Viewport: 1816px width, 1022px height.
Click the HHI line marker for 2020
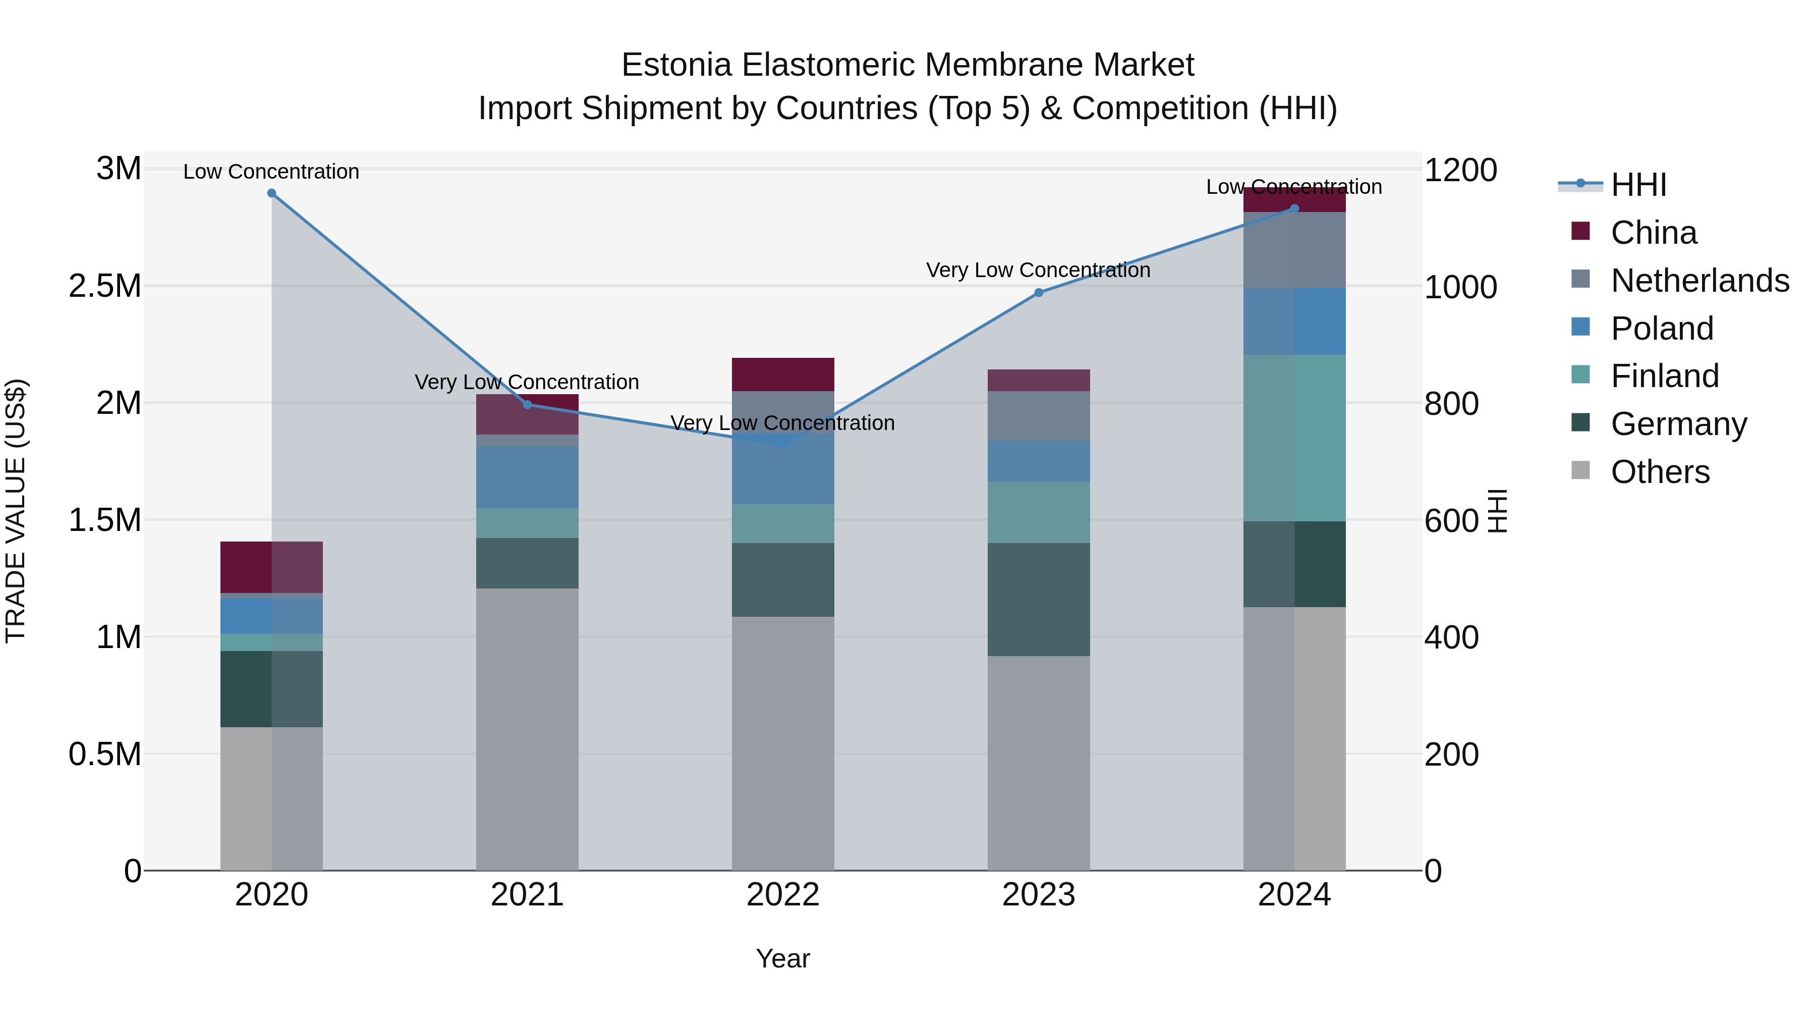[271, 193]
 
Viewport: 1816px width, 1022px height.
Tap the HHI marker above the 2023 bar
[1039, 293]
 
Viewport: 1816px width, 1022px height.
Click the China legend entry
[1653, 233]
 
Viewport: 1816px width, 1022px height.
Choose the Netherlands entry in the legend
[1699, 281]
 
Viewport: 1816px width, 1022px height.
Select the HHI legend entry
[1637, 185]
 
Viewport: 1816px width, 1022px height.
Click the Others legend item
[1660, 472]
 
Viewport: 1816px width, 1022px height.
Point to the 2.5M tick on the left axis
[105, 286]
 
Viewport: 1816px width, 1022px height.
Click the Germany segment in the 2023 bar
[1039, 600]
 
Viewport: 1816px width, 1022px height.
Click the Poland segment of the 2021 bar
[527, 477]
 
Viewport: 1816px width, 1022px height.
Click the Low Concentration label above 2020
[271, 172]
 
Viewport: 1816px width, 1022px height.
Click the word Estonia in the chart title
[676, 66]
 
